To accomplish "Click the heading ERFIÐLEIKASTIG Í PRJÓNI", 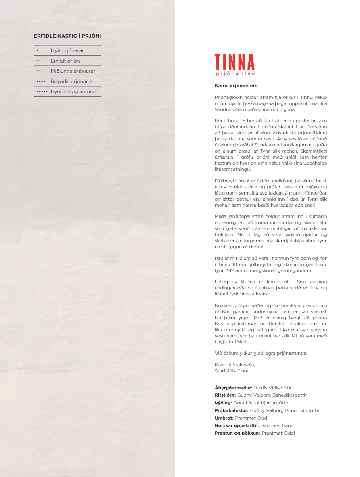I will [67, 36].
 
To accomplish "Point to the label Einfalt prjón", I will [65, 61].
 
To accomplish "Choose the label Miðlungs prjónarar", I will [73, 71].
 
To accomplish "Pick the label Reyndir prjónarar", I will [71, 82].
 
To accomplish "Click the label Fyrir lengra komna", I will [73, 92].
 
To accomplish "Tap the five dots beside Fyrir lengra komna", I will [42, 92].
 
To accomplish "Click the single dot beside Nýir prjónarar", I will [37, 51].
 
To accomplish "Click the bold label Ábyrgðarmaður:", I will [234, 388].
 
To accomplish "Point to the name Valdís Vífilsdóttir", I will [273, 388].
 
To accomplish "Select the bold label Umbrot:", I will [224, 418].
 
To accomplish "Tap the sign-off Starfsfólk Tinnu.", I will [233, 371].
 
